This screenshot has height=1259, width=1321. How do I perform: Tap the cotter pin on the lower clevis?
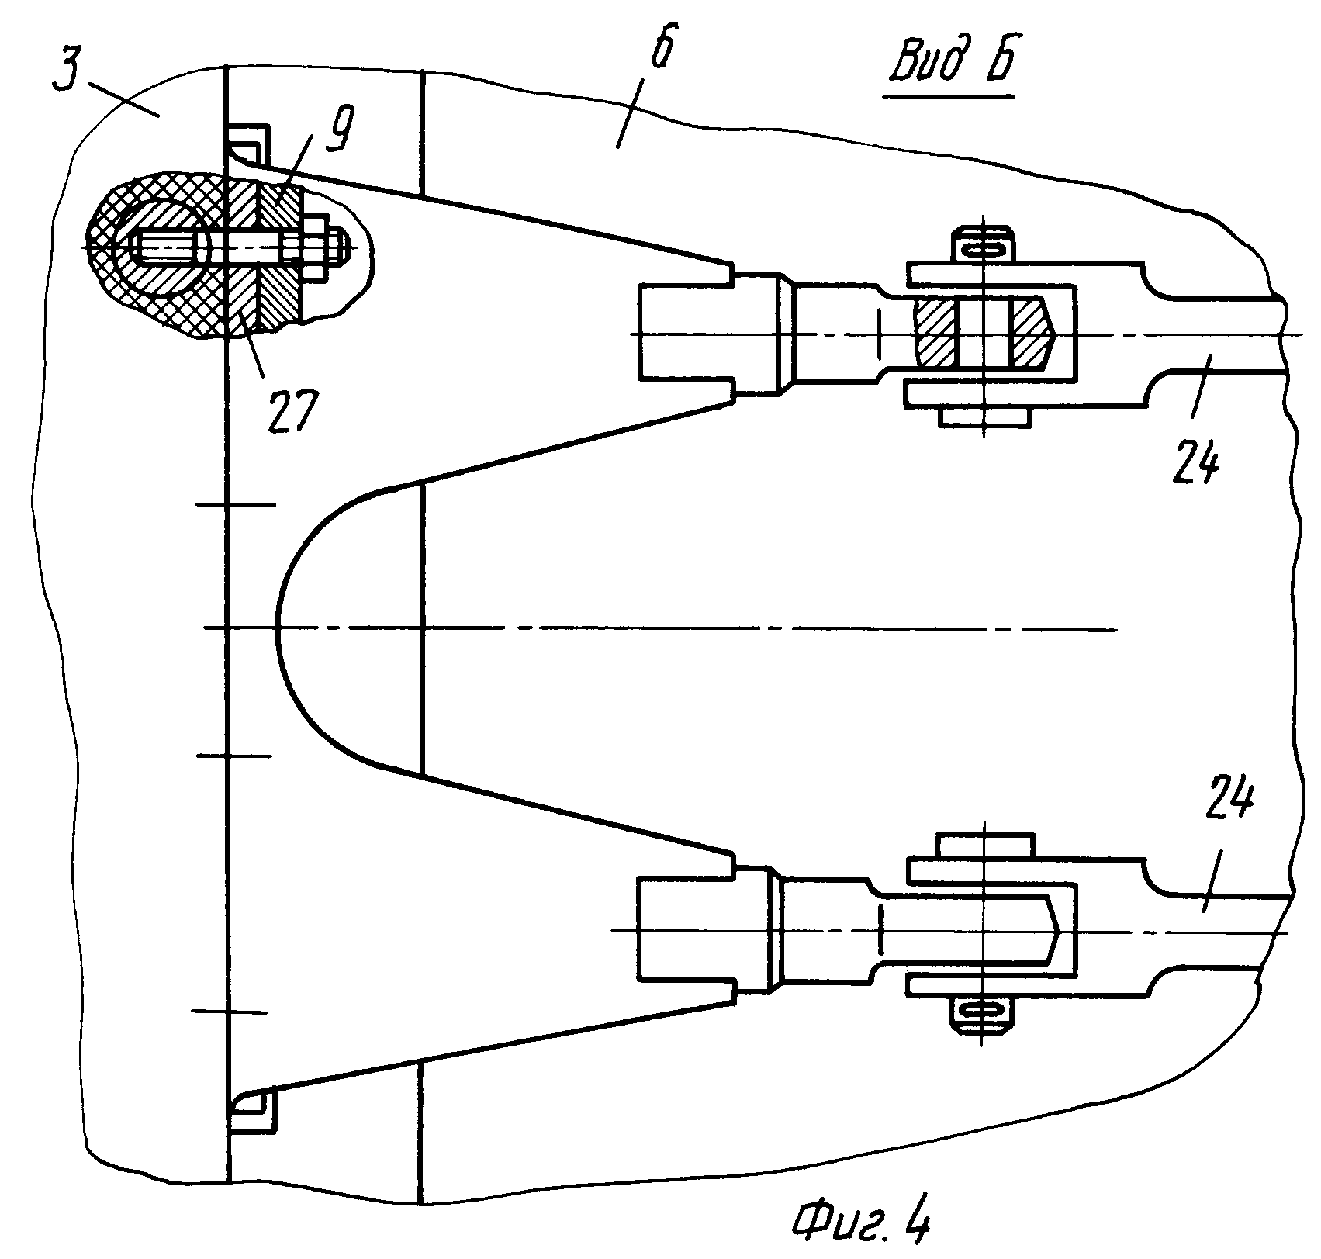(982, 1010)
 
